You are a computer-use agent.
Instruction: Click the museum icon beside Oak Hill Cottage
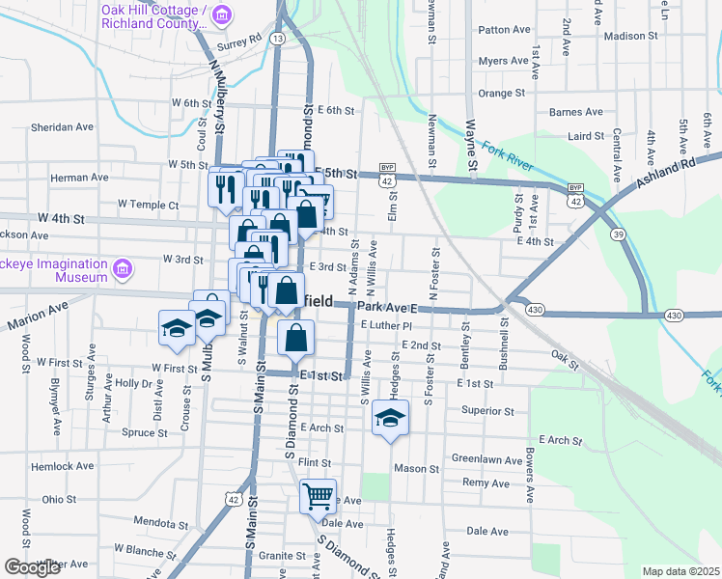tap(223, 15)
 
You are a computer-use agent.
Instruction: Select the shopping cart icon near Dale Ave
tap(317, 497)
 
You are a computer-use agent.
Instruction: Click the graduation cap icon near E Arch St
tap(389, 418)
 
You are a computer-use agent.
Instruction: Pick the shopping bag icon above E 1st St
tap(296, 339)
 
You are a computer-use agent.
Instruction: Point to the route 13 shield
tap(277, 38)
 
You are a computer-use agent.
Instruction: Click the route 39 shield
tap(616, 235)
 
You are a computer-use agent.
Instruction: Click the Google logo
tap(33, 566)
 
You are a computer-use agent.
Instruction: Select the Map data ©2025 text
tap(680, 571)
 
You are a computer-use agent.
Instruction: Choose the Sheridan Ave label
tap(62, 126)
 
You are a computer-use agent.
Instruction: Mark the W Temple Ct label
tap(148, 205)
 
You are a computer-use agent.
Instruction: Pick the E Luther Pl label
tap(387, 326)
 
